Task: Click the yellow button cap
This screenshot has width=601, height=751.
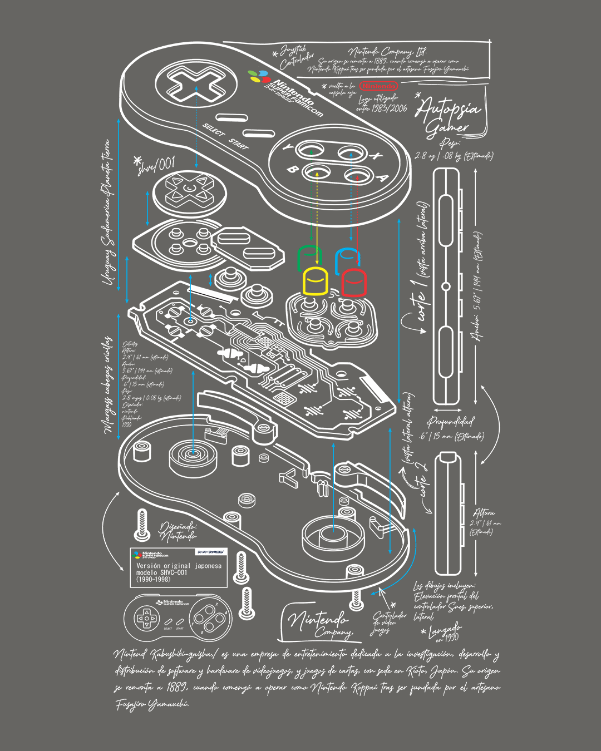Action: coord(316,281)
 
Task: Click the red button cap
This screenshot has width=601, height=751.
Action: coord(353,283)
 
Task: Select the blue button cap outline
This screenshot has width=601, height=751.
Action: coord(347,258)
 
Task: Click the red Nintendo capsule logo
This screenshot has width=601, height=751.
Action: coord(378,86)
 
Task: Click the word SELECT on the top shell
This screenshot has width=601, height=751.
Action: coord(213,130)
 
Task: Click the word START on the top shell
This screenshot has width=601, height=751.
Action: coord(238,144)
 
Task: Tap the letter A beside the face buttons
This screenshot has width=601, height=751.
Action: coord(382,178)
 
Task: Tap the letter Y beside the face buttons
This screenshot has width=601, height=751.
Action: coord(288,149)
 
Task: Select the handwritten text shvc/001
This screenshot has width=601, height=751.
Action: coord(156,165)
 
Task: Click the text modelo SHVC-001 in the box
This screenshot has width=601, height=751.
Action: coord(162,572)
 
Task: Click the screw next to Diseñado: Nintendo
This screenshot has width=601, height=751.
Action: coord(142,525)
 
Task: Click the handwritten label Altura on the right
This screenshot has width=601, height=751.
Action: coord(483,513)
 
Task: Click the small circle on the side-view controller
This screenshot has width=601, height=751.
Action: coord(446,287)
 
